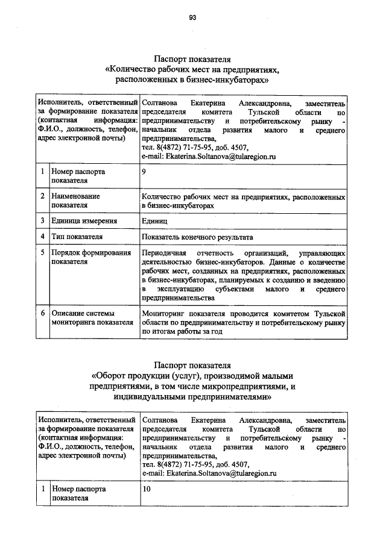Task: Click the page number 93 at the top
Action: pos(192,17)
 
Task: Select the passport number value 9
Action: pos(143,172)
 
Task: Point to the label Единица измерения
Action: pos(84,221)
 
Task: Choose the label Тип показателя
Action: pos(77,237)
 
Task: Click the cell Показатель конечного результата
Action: pos(197,237)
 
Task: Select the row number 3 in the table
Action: pos(43,221)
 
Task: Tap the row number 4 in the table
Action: pos(43,237)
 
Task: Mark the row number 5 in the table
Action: pos(43,253)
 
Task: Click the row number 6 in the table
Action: pos(43,314)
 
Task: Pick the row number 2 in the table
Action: pos(43,196)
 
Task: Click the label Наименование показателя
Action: pos(75,201)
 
